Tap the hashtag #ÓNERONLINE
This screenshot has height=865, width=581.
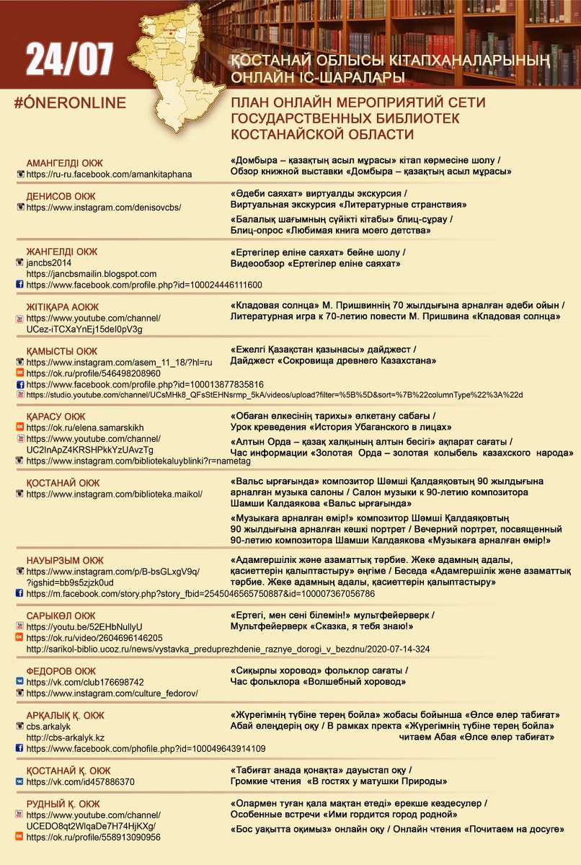click(70, 102)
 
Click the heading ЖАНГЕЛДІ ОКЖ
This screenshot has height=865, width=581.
click(61, 252)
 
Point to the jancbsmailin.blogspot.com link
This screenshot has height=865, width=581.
click(92, 274)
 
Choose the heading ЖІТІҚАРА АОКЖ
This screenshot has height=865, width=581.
click(63, 306)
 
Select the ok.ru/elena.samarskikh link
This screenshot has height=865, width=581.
click(85, 427)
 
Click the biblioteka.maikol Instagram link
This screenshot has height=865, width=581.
click(114, 494)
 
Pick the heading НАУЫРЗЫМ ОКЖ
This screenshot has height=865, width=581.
click(65, 560)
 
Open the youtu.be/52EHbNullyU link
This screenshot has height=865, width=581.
click(84, 627)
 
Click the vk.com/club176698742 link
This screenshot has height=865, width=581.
click(85, 682)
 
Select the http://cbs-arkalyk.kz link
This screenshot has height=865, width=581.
click(66, 737)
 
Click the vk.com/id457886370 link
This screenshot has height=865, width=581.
click(80, 781)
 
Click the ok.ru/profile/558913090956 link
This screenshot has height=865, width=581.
click(93, 837)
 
